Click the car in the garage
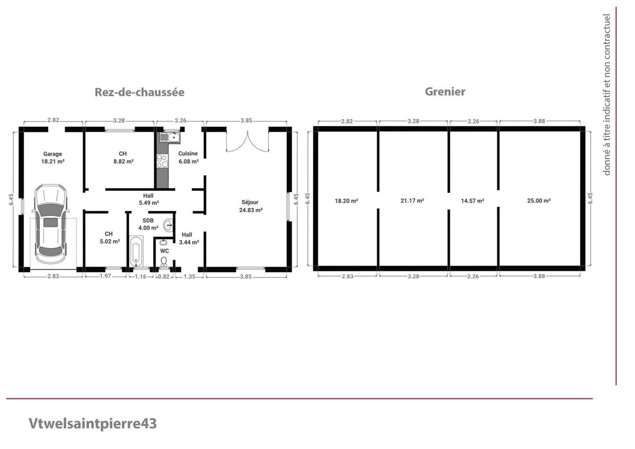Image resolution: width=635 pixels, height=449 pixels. tap(50, 223)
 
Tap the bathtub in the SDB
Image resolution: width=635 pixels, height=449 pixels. tap(136, 251)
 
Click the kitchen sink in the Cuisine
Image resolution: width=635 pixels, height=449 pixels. tap(170, 138)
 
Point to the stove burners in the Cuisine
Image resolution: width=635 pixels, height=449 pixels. tap(162, 161)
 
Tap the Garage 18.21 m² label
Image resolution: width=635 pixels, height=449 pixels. tap(53, 158)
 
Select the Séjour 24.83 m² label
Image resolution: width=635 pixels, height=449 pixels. tap(250, 206)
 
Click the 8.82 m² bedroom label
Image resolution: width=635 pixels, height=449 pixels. tap(123, 158)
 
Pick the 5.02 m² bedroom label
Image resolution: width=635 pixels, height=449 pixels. tap(109, 237)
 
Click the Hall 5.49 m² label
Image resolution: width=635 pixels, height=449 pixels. tap(149, 199)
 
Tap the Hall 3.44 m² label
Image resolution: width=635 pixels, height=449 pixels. tap(189, 239)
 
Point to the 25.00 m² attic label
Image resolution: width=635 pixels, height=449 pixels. tap(539, 201)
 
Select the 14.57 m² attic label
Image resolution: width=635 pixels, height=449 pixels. tap(472, 201)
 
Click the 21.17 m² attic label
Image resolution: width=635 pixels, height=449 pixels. tap(412, 201)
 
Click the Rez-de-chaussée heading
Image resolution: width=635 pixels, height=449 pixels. tap(139, 92)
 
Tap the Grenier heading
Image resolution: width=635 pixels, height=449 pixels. tap(445, 91)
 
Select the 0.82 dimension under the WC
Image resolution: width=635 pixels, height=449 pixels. tap(163, 277)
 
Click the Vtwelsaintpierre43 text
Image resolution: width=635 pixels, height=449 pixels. tap(92, 424)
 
